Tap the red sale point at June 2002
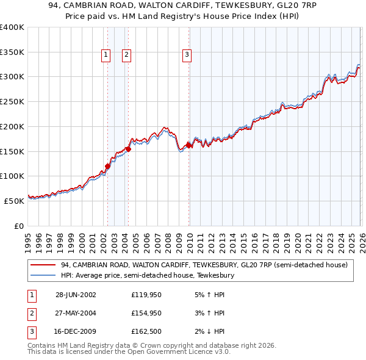point(107,166)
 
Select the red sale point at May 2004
point(128,148)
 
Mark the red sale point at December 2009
point(188,145)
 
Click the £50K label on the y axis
point(14,200)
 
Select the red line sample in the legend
point(43,265)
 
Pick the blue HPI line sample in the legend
point(43,276)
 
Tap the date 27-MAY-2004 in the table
point(76,313)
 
